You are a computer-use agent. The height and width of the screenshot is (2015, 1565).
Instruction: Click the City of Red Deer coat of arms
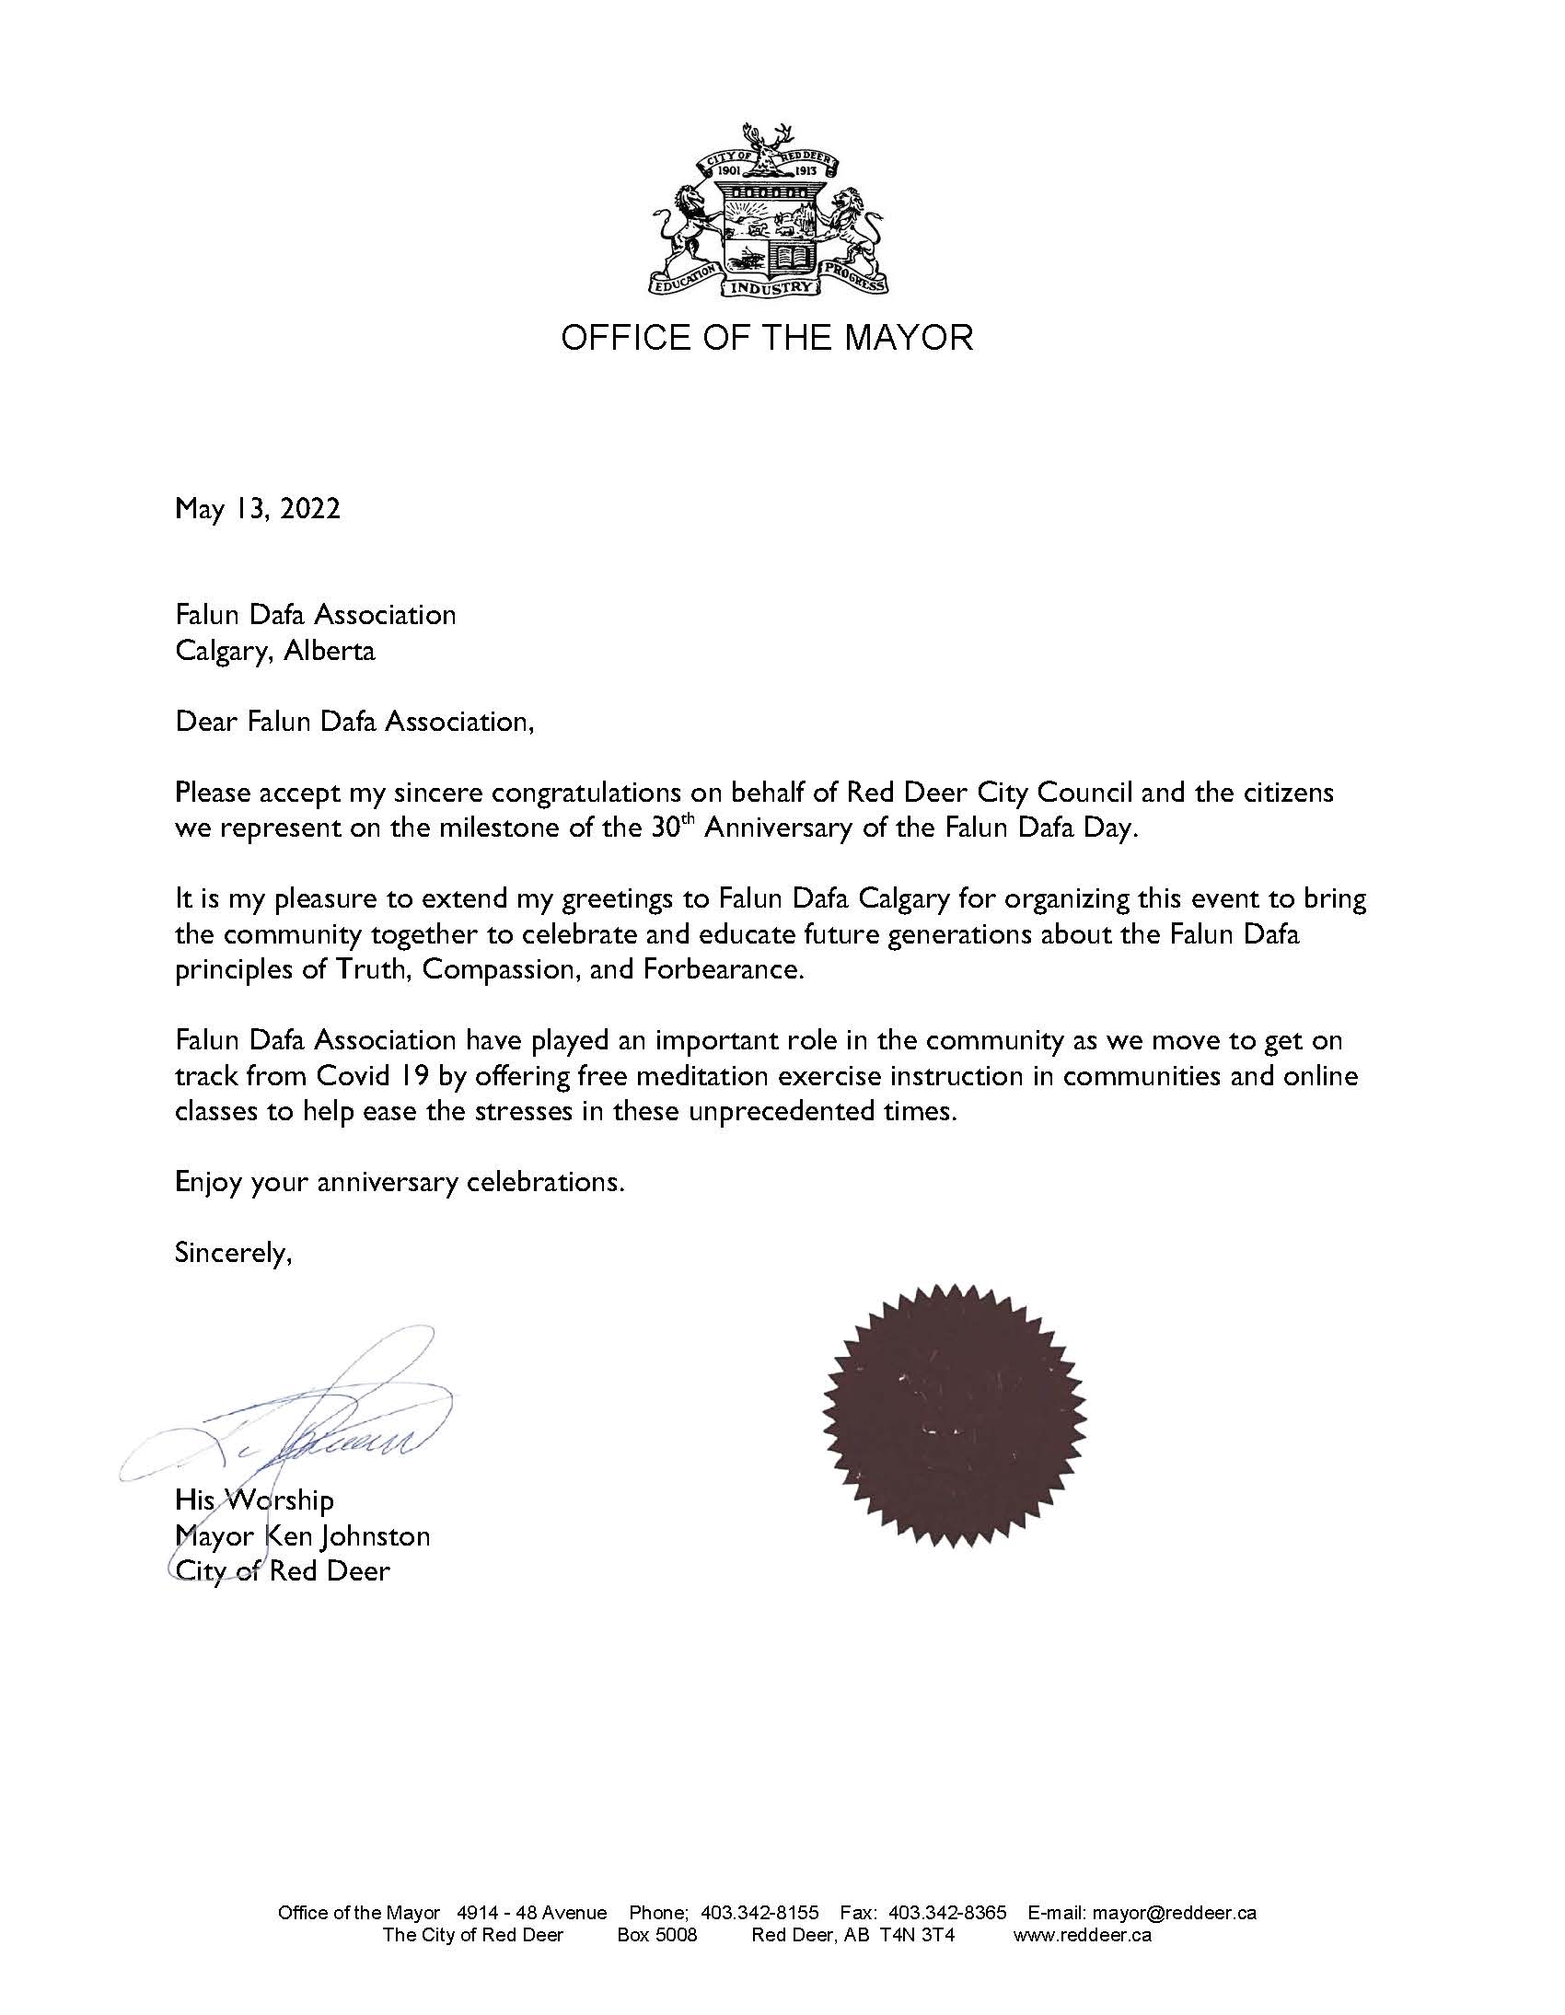[768, 210]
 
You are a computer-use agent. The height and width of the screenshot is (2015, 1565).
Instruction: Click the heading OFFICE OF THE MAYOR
[767, 338]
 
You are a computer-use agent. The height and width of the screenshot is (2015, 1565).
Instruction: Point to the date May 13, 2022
[258, 508]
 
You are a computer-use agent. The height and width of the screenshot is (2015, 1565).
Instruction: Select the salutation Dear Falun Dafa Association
[354, 722]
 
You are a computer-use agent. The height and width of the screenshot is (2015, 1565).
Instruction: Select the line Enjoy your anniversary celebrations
[400, 1183]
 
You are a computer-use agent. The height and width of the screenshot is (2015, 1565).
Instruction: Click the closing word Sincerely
[233, 1254]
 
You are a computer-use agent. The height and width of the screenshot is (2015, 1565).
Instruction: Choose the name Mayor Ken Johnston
[303, 1536]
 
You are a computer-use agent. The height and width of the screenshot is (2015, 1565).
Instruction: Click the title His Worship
[254, 1500]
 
